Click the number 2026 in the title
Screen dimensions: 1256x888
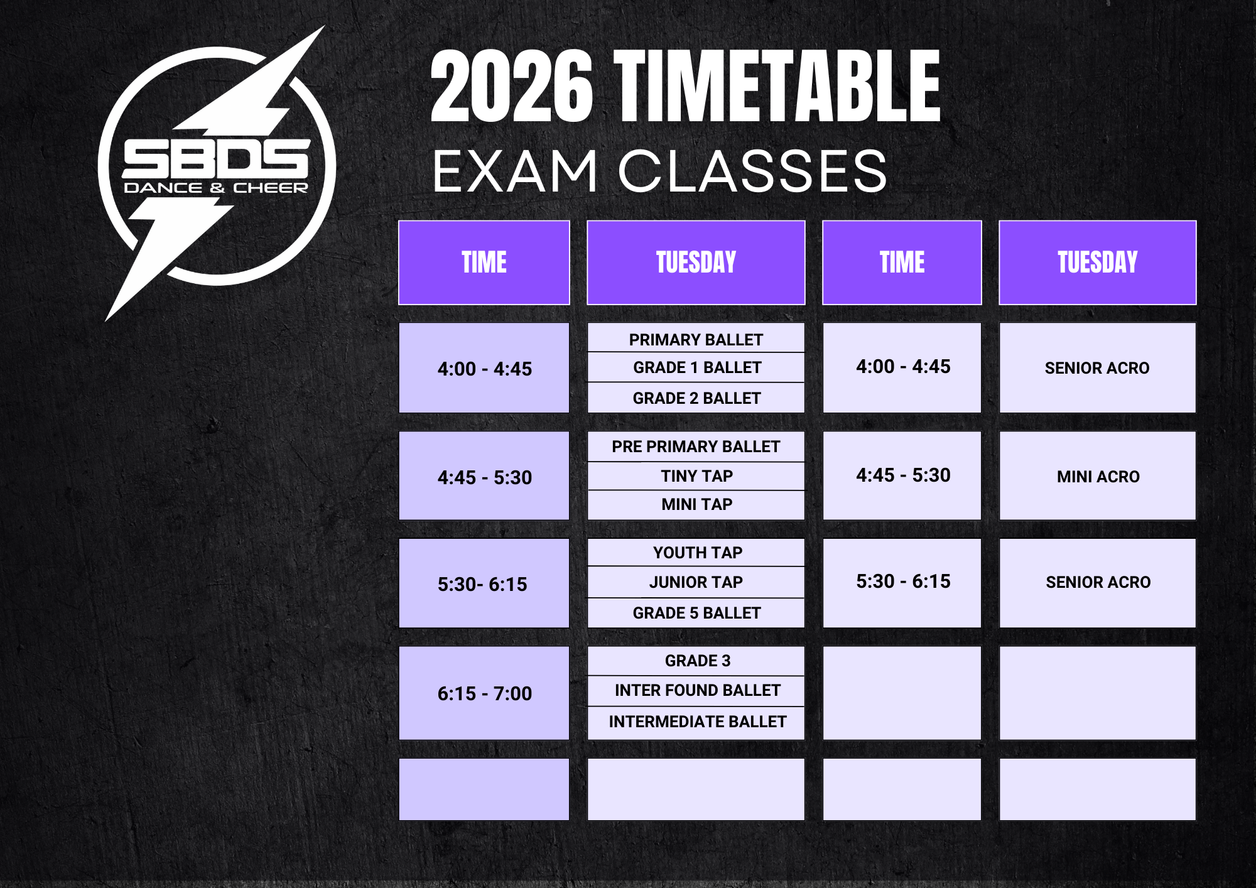click(x=512, y=86)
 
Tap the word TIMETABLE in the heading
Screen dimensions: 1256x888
click(x=777, y=86)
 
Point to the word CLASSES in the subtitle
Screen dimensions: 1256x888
click(x=753, y=171)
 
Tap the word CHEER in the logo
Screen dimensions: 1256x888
click(x=271, y=188)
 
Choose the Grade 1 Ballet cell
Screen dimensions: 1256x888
click(x=696, y=367)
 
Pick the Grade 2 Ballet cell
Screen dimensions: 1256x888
click(x=696, y=398)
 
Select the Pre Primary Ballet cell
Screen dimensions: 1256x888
click(x=696, y=447)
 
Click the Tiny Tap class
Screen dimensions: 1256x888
click(x=696, y=476)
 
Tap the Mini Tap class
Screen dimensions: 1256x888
click(x=696, y=505)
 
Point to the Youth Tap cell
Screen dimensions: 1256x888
click(x=696, y=553)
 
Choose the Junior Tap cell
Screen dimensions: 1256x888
click(x=696, y=582)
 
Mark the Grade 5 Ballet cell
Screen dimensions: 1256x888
click(x=696, y=613)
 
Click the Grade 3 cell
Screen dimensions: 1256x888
click(x=696, y=661)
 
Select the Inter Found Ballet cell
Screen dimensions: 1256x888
click(x=696, y=691)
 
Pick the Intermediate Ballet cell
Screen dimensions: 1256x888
click(x=696, y=722)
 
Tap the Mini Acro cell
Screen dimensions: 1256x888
click(x=1098, y=476)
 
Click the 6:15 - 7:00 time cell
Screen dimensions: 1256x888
click(x=484, y=693)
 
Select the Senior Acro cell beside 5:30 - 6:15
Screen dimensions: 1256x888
click(x=1098, y=583)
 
